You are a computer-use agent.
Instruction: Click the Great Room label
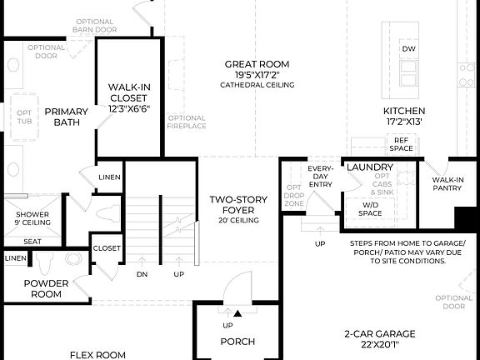257,64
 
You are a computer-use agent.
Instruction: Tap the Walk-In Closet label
128,92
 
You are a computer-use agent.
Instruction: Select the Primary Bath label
67,117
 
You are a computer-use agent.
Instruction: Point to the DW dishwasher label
408,49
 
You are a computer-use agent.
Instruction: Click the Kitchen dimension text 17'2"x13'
404,122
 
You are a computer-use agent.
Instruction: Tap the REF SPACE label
402,144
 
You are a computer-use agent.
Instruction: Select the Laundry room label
370,167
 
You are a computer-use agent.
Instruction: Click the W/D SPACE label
369,208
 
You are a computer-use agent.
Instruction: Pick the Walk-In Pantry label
447,183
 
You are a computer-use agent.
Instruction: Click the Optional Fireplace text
187,123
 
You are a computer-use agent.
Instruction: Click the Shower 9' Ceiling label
32,217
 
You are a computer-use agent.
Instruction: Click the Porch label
237,342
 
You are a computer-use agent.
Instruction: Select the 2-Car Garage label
379,338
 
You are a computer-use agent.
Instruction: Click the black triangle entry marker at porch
237,313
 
